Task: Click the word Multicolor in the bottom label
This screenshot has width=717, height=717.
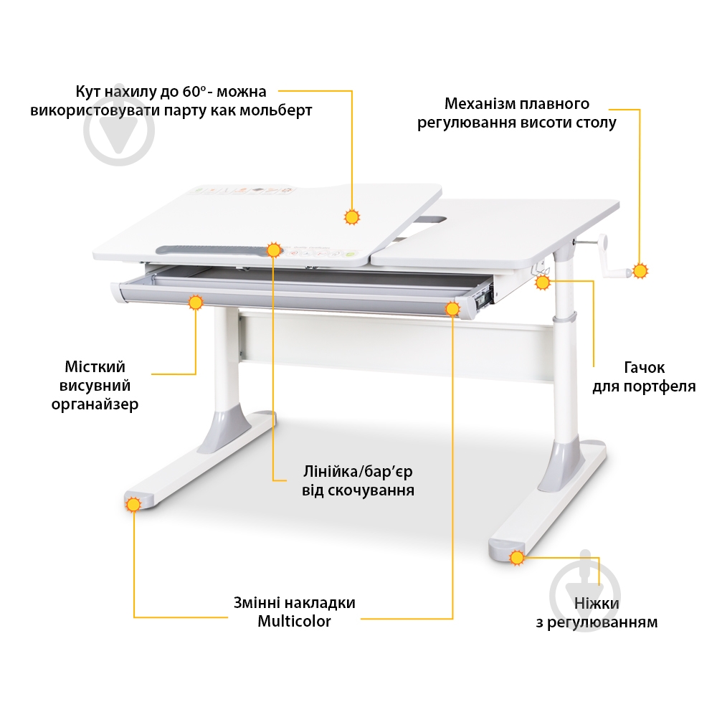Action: (294, 622)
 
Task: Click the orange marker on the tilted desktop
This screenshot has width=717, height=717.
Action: (351, 217)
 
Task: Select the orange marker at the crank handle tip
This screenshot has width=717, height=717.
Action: (640, 271)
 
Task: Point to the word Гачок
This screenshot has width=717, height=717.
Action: (644, 367)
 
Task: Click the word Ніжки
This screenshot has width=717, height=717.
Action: (597, 603)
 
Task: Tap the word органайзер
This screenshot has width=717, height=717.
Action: (95, 404)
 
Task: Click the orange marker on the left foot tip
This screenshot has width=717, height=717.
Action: (133, 505)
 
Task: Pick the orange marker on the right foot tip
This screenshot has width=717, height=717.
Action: (517, 558)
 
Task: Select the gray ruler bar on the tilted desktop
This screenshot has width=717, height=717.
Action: (214, 250)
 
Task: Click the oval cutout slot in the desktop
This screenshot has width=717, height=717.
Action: (432, 220)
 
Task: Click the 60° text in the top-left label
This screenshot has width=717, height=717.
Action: (195, 92)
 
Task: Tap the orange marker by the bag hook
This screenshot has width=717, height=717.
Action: (542, 282)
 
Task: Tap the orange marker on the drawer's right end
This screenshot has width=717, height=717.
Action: (452, 310)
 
